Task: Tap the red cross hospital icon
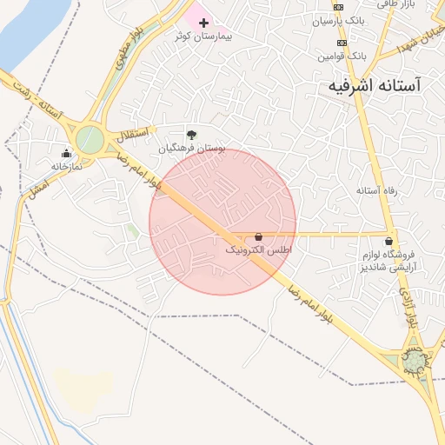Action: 204,22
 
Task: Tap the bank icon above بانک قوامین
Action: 342,43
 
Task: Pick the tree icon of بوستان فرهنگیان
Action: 192,135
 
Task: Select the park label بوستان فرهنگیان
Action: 192,149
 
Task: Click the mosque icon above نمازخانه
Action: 66,154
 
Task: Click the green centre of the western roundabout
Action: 90,139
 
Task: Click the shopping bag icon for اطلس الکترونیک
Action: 259,236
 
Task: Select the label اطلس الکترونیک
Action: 259,250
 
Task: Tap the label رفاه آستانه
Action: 376,189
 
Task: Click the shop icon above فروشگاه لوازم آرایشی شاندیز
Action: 388,242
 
